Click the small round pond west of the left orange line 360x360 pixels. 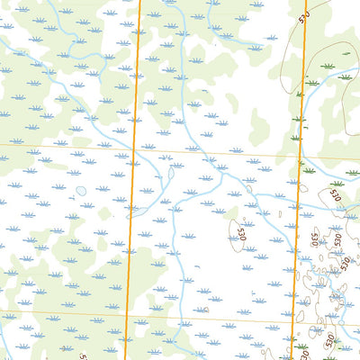coord(82,191)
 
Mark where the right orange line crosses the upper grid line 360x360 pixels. coord(299,157)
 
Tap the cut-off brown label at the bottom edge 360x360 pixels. coord(84,356)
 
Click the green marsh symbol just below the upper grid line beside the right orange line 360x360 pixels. coord(309,169)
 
